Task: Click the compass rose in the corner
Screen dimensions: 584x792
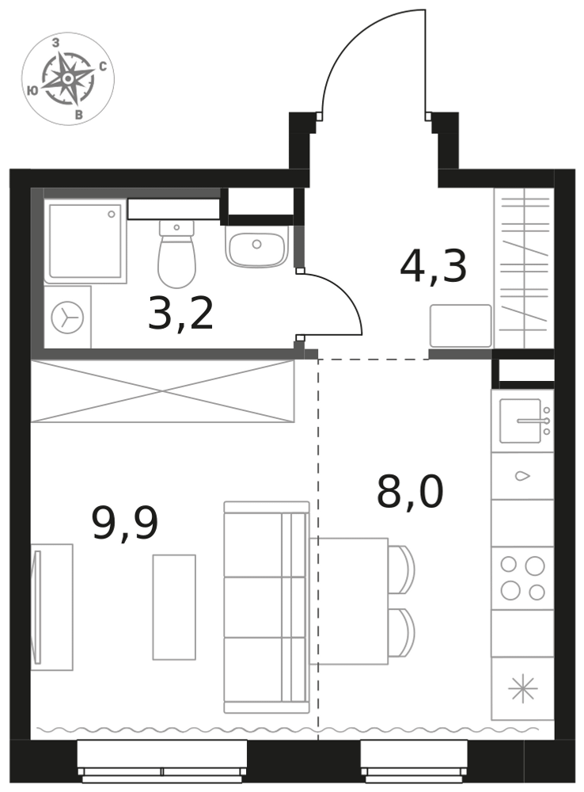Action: point(67,78)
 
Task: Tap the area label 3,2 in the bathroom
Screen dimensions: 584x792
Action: point(180,314)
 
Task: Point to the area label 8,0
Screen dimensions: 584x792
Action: point(410,492)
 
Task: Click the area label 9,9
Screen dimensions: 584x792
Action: point(125,523)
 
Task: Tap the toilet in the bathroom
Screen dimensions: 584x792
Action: point(176,253)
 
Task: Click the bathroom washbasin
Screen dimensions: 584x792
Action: point(256,246)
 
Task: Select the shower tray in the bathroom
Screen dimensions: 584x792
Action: point(85,241)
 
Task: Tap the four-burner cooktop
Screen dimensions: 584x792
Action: point(522,578)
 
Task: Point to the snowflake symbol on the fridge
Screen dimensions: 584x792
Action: point(522,688)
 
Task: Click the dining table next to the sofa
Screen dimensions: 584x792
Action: point(349,601)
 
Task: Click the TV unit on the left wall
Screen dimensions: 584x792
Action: point(52,607)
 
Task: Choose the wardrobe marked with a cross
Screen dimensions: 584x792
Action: point(162,391)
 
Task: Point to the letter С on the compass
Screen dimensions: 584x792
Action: point(103,67)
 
